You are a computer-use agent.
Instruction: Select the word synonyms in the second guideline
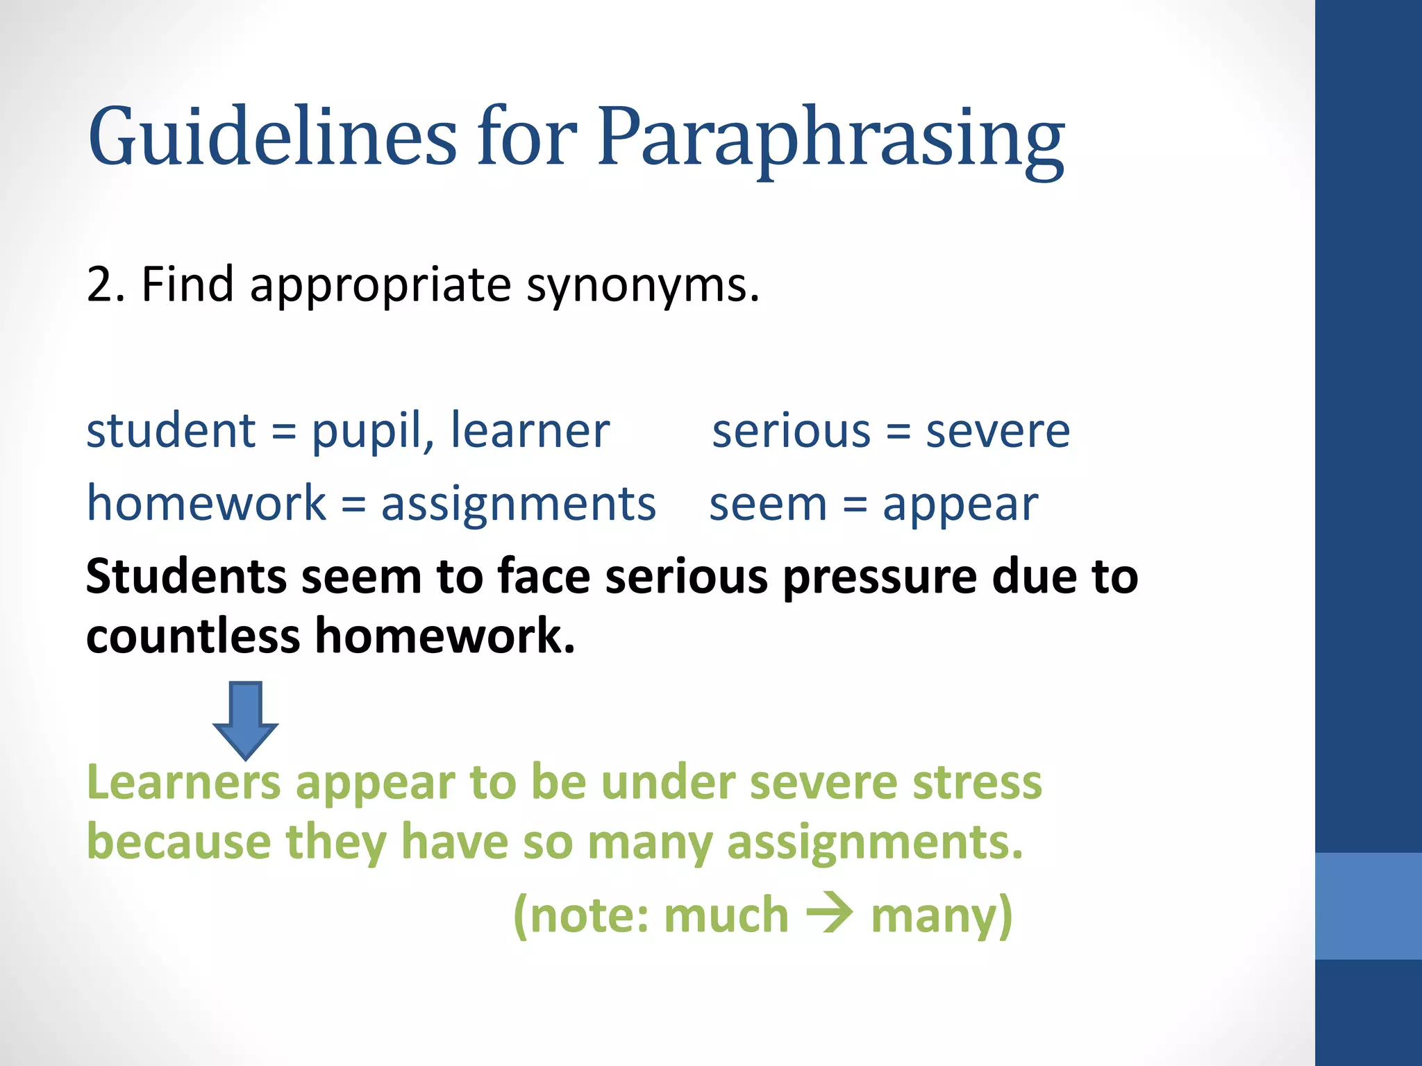pos(642,286)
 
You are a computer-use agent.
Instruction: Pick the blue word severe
pos(998,432)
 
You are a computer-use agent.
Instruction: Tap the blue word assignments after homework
pos(518,504)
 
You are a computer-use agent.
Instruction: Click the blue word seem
pos(768,505)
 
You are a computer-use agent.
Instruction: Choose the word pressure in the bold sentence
pos(880,577)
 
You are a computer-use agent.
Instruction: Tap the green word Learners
pos(183,782)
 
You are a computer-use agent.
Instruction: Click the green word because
pos(178,842)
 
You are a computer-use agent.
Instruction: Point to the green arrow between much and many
pos(829,914)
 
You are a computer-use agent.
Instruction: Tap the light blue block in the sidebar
pos(1368,906)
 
